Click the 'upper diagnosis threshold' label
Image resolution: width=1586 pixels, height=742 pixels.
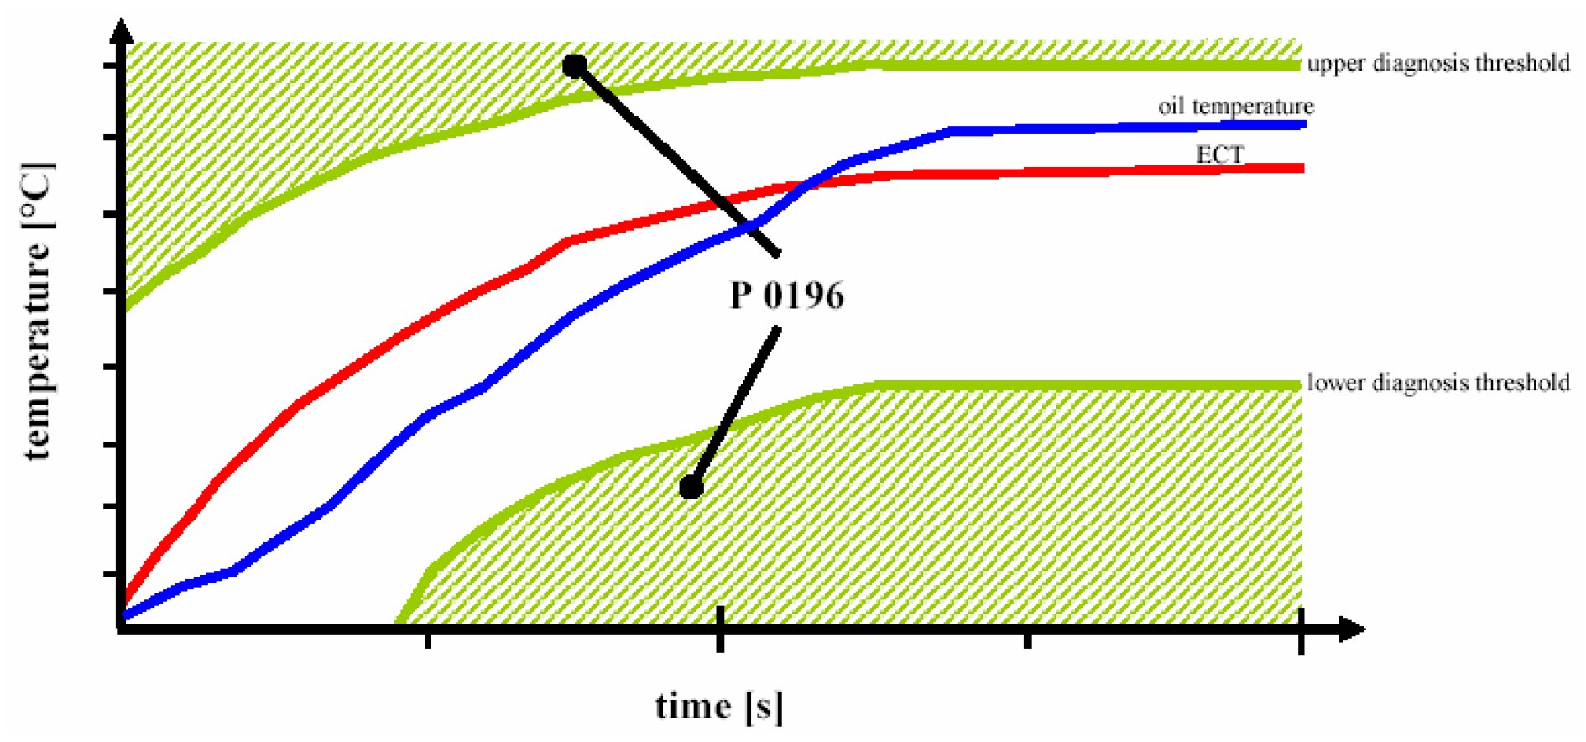pos(1437,63)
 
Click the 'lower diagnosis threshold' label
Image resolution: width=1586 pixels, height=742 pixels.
pos(1437,383)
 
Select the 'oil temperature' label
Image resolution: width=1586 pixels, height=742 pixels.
pos(1235,107)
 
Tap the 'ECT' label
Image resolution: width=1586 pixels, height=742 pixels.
pos(1219,154)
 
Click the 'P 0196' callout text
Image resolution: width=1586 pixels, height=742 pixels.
pos(786,295)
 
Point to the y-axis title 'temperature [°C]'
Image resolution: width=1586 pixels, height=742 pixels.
pos(38,311)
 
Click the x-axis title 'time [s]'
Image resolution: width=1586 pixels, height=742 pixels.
pos(719,706)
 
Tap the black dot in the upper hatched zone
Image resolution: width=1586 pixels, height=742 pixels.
pos(574,65)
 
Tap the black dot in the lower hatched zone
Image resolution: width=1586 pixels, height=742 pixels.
pos(691,487)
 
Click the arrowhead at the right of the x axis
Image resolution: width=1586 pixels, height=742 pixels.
pos(1352,629)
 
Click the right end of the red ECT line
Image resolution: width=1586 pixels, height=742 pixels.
pos(1301,168)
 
